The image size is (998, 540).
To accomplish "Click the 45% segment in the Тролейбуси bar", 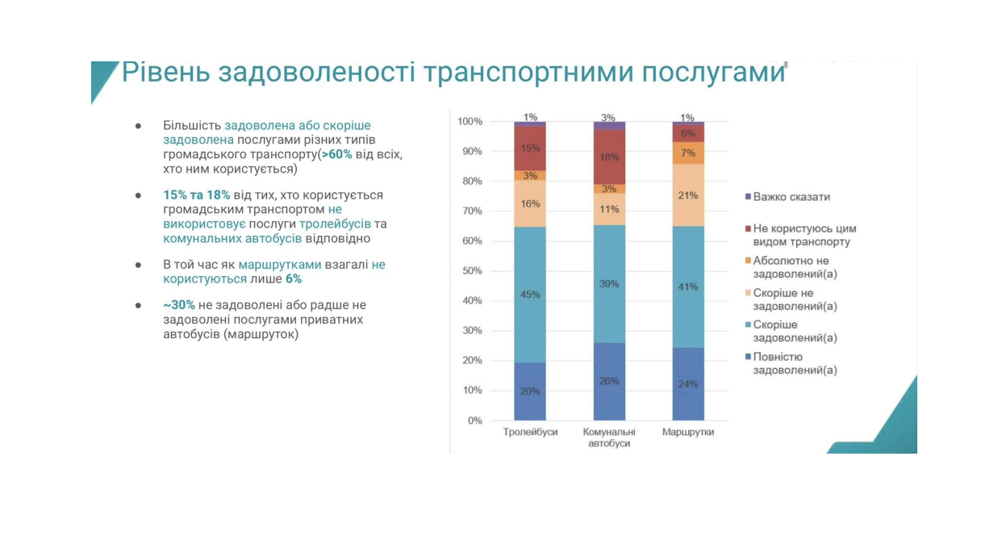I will [530, 294].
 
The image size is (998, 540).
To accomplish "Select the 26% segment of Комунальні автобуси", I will [609, 381].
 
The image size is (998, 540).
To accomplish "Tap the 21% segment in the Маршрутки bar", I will [688, 195].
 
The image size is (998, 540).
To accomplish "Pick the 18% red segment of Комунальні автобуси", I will [609, 157].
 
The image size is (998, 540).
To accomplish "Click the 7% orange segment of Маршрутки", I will [688, 153].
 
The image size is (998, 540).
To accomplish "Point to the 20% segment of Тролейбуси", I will [530, 391].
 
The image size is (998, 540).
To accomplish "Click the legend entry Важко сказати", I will [791, 197].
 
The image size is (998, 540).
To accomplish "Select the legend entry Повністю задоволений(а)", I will [794, 363].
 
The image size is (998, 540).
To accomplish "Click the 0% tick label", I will [474, 421].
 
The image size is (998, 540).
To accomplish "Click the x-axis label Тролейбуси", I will [530, 433].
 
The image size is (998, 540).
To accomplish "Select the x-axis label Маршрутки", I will [688, 433].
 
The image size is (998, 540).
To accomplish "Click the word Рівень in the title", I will [165, 73].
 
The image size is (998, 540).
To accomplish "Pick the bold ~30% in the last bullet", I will [178, 305].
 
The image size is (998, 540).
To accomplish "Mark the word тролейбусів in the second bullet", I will [335, 224].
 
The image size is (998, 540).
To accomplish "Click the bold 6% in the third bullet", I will [294, 278].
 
